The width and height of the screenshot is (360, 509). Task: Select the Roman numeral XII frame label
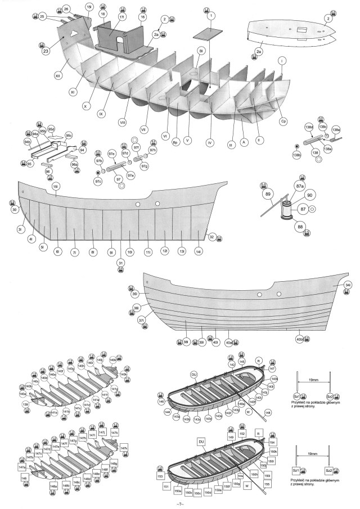[x=58, y=74]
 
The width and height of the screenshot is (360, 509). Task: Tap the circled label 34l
[x=348, y=285]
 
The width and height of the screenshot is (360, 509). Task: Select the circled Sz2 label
[x=330, y=396]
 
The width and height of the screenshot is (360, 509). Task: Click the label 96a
[x=74, y=164]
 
